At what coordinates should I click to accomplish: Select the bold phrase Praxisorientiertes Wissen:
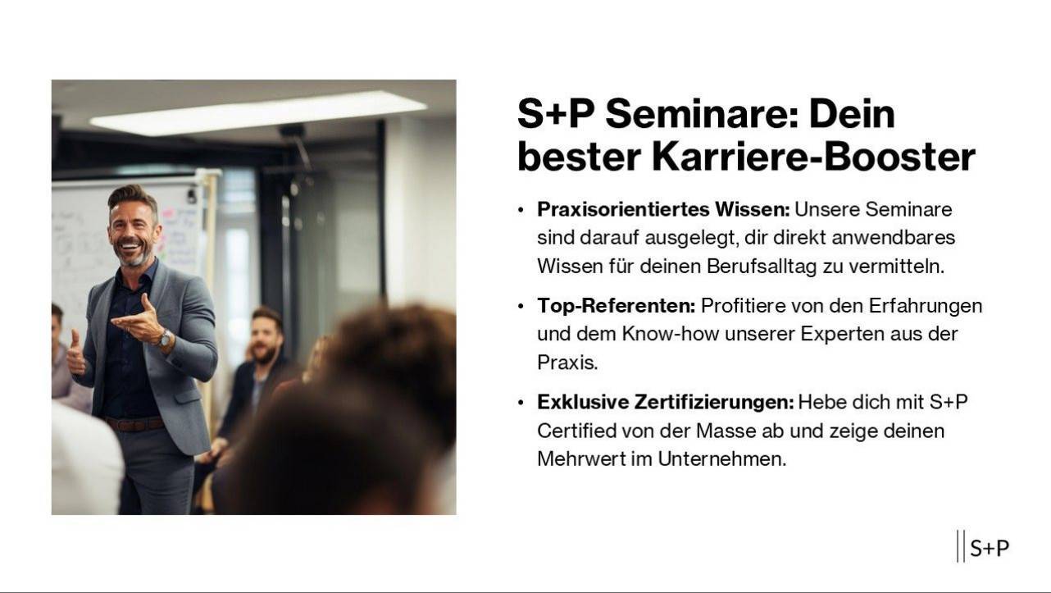(663, 209)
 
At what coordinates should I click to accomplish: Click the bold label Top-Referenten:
(616, 306)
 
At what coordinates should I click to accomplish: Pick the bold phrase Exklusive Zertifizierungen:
(666, 402)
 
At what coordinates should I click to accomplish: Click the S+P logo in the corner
(983, 547)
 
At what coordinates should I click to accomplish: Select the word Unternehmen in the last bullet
(721, 459)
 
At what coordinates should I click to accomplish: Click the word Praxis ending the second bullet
(567, 363)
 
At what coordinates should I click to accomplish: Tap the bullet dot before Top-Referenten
(521, 307)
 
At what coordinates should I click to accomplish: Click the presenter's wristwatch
(164, 339)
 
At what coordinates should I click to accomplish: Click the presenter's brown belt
(135, 424)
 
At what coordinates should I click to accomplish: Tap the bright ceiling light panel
(258, 113)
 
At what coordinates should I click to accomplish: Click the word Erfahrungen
(926, 306)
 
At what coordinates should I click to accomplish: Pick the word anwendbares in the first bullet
(894, 238)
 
